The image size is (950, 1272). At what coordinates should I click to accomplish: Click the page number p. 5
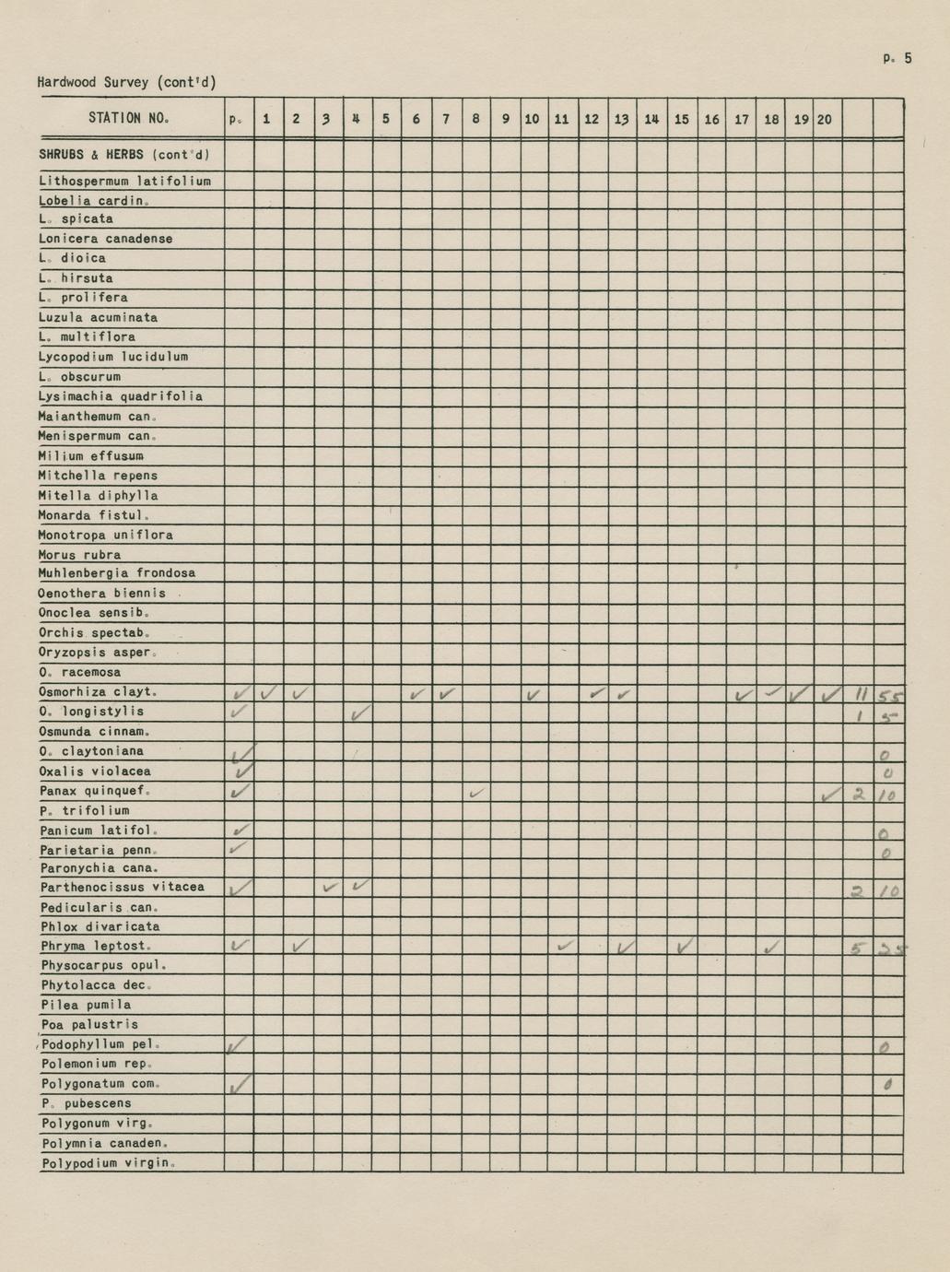click(896, 58)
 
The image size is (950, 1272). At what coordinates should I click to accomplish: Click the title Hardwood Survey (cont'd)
click(126, 82)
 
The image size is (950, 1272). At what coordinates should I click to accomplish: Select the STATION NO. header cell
click(128, 118)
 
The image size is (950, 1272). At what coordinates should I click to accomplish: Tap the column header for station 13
click(621, 119)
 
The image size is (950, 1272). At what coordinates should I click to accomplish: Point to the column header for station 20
click(825, 119)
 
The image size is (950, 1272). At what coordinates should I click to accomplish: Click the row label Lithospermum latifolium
click(124, 181)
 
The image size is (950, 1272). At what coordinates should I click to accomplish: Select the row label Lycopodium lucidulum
click(113, 357)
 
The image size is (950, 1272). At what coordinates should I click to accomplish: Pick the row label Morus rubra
click(79, 555)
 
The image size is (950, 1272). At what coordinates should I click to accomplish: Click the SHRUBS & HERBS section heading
click(124, 154)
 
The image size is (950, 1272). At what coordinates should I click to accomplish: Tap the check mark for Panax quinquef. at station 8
click(475, 793)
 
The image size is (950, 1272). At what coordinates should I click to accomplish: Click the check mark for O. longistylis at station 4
click(360, 713)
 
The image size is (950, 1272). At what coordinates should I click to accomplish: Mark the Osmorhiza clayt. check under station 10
click(534, 694)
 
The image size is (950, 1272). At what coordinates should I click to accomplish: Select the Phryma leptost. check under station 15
click(683, 946)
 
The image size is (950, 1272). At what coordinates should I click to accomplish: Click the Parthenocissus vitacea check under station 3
click(330, 888)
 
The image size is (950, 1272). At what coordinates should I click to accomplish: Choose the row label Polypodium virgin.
click(108, 1163)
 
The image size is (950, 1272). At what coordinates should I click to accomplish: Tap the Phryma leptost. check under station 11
click(564, 945)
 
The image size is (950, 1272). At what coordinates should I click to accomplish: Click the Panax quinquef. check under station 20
click(828, 794)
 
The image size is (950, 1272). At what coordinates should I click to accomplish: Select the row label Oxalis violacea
click(95, 771)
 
